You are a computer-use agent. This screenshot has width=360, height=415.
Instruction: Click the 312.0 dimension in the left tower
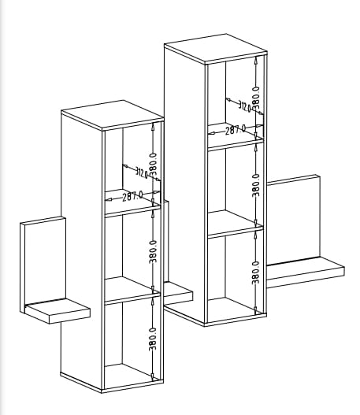[x=141, y=172]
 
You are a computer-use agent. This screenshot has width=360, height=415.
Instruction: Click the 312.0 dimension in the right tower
[x=244, y=106]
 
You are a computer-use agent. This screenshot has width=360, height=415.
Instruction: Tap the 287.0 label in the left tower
[x=132, y=196]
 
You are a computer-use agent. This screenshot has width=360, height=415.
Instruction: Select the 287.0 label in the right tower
[x=236, y=130]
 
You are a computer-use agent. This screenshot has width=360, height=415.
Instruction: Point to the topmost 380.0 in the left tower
[x=153, y=165]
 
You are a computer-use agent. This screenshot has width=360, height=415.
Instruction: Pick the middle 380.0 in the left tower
[x=153, y=251]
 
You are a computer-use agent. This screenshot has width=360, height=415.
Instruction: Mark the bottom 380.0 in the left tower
[x=153, y=339]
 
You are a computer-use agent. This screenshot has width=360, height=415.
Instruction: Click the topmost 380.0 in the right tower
[x=256, y=98]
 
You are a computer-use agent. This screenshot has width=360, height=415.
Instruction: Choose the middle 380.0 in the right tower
[x=256, y=185]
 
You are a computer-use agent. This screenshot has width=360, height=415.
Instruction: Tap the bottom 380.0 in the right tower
[x=255, y=272]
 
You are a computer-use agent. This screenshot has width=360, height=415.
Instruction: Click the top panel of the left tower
[x=112, y=115]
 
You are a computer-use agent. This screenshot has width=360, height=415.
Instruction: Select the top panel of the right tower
[x=216, y=49]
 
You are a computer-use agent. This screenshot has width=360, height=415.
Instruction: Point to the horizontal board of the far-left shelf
[x=58, y=310]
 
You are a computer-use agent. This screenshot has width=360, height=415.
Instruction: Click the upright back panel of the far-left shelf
[x=43, y=264]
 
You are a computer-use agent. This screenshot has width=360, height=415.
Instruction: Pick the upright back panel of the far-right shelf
[x=293, y=220]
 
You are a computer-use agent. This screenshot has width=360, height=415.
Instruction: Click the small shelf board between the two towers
[x=178, y=293]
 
